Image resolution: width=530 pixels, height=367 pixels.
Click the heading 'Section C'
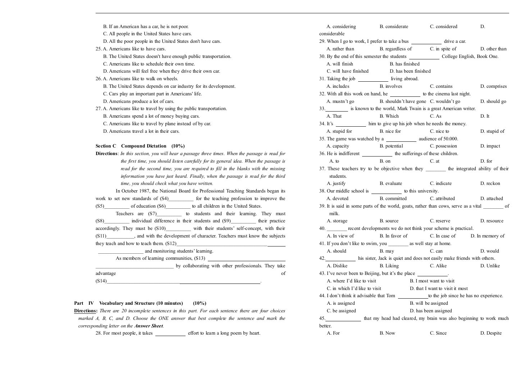pyautogui.click(x=106, y=146)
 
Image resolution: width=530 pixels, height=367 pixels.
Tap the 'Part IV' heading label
pyautogui.click(x=84, y=303)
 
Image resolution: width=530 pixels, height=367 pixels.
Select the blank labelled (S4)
pyautogui.click(x=181, y=199)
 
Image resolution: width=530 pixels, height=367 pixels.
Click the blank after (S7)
pyautogui.click(x=169, y=214)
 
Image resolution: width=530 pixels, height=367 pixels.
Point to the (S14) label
pyautogui.click(x=101, y=281)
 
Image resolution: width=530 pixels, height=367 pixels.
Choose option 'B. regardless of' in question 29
pyautogui.click(x=396, y=49)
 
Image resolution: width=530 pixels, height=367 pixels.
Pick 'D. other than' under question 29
pyautogui.click(x=493, y=49)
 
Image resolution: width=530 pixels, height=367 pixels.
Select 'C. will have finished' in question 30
pyautogui.click(x=347, y=71)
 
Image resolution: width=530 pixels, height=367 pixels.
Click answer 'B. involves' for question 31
pyautogui.click(x=391, y=86)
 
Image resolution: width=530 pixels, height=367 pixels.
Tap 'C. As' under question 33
pyautogui.click(x=435, y=116)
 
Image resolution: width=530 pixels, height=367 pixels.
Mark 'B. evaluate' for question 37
pyautogui.click(x=391, y=183)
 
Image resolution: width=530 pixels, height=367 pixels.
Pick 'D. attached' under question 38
pyautogui.click(x=492, y=199)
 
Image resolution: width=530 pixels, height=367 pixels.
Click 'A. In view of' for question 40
pyautogui.click(x=340, y=236)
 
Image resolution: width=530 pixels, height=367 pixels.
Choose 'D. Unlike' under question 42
pyautogui.click(x=490, y=266)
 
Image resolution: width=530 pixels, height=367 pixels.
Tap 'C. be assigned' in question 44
pyautogui.click(x=341, y=311)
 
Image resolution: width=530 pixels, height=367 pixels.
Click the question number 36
pyautogui.click(x=322, y=154)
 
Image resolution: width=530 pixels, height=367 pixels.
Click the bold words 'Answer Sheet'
pyautogui.click(x=149, y=326)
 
